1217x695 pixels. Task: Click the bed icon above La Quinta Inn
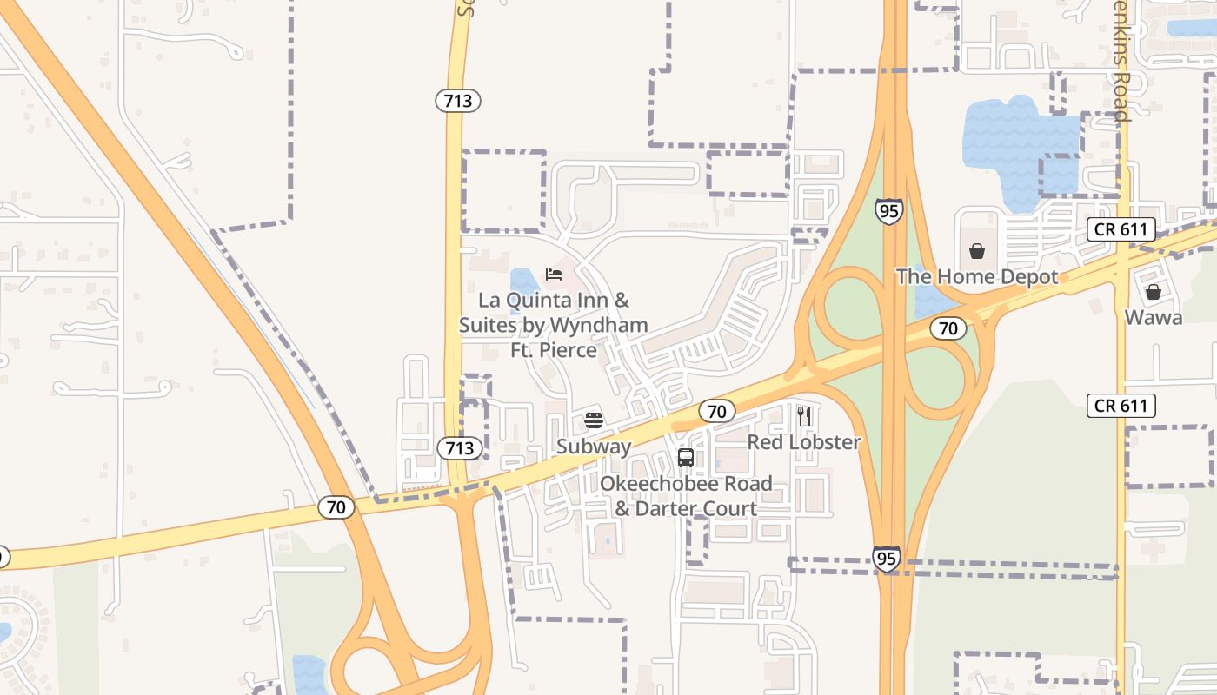pyautogui.click(x=554, y=275)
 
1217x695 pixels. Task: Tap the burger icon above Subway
pyautogui.click(x=594, y=420)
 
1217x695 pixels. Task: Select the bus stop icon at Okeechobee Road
pyautogui.click(x=685, y=457)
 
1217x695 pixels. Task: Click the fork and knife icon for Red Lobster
pyautogui.click(x=804, y=416)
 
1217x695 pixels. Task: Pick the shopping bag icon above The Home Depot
pyautogui.click(x=977, y=251)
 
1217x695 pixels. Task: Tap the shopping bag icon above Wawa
pyautogui.click(x=1153, y=292)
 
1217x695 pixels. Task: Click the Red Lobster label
pyautogui.click(x=804, y=442)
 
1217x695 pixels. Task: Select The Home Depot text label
pyautogui.click(x=977, y=277)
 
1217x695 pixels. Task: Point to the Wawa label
pyautogui.click(x=1153, y=318)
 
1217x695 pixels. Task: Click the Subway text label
pyautogui.click(x=594, y=447)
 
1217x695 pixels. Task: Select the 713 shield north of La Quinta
pyautogui.click(x=458, y=101)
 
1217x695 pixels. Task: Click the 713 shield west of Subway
pyautogui.click(x=459, y=448)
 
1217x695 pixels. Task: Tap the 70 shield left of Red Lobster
pyautogui.click(x=717, y=411)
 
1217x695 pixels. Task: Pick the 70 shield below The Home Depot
pyautogui.click(x=948, y=328)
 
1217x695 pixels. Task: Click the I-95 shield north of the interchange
pyautogui.click(x=888, y=211)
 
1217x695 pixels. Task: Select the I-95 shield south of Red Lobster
pyautogui.click(x=886, y=558)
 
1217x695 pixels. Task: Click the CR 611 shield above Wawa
pyautogui.click(x=1121, y=230)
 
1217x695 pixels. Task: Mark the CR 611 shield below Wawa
pyautogui.click(x=1121, y=406)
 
